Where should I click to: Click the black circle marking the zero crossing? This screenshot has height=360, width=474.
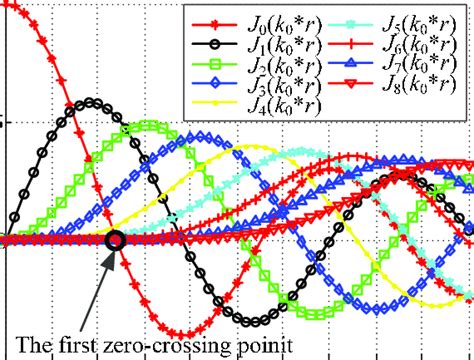pos(114,239)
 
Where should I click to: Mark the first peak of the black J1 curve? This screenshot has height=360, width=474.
pos(93,100)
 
